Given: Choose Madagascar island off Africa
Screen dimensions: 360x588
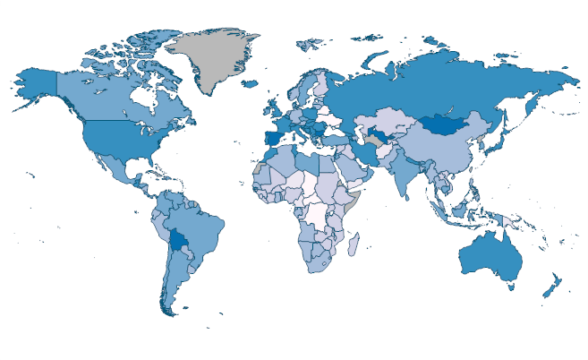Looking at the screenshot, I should tap(354, 244).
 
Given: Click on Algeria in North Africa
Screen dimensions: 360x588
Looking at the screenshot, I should tap(285, 165).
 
